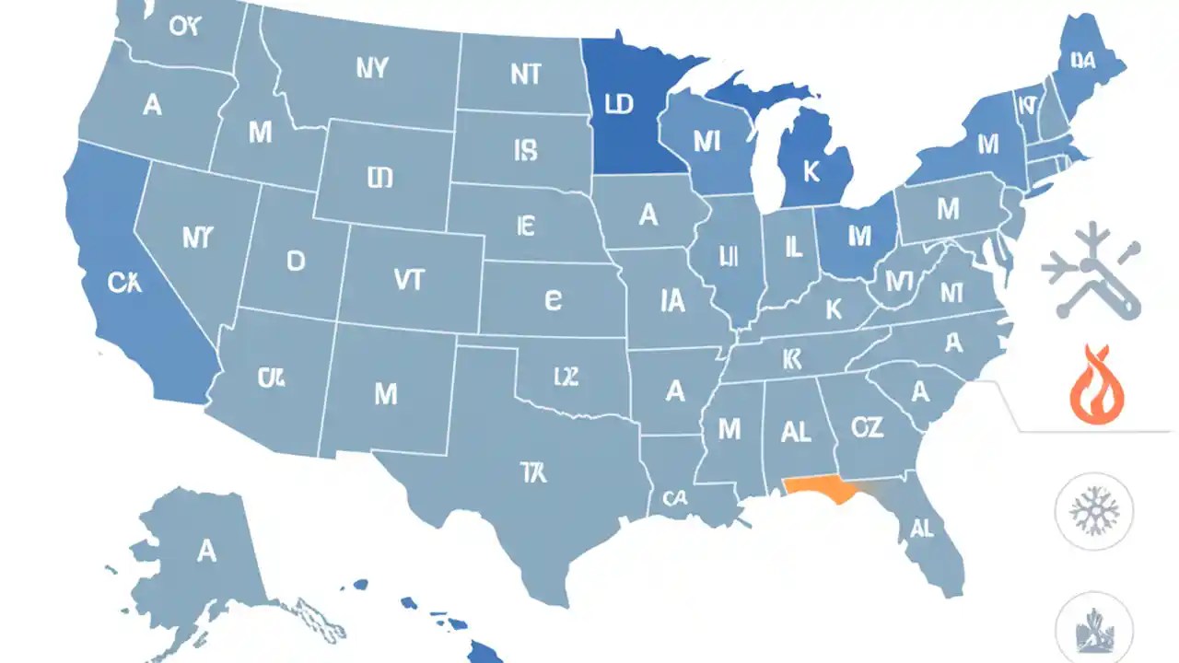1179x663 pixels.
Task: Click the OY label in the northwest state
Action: coord(184,25)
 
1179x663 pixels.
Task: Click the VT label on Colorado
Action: coord(408,281)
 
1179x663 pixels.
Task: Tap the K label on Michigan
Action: coord(811,172)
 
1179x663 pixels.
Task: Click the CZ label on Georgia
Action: coord(867,426)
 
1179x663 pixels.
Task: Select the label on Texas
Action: coord(532,473)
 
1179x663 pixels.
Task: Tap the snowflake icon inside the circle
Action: coord(1093,510)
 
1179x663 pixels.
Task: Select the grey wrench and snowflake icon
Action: coord(1091,272)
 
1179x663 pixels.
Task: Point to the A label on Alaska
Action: coord(206,551)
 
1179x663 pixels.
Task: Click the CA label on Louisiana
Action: coord(675,499)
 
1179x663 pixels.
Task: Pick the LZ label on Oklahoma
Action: coord(565,376)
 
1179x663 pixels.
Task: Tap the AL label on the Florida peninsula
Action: coord(921,528)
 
